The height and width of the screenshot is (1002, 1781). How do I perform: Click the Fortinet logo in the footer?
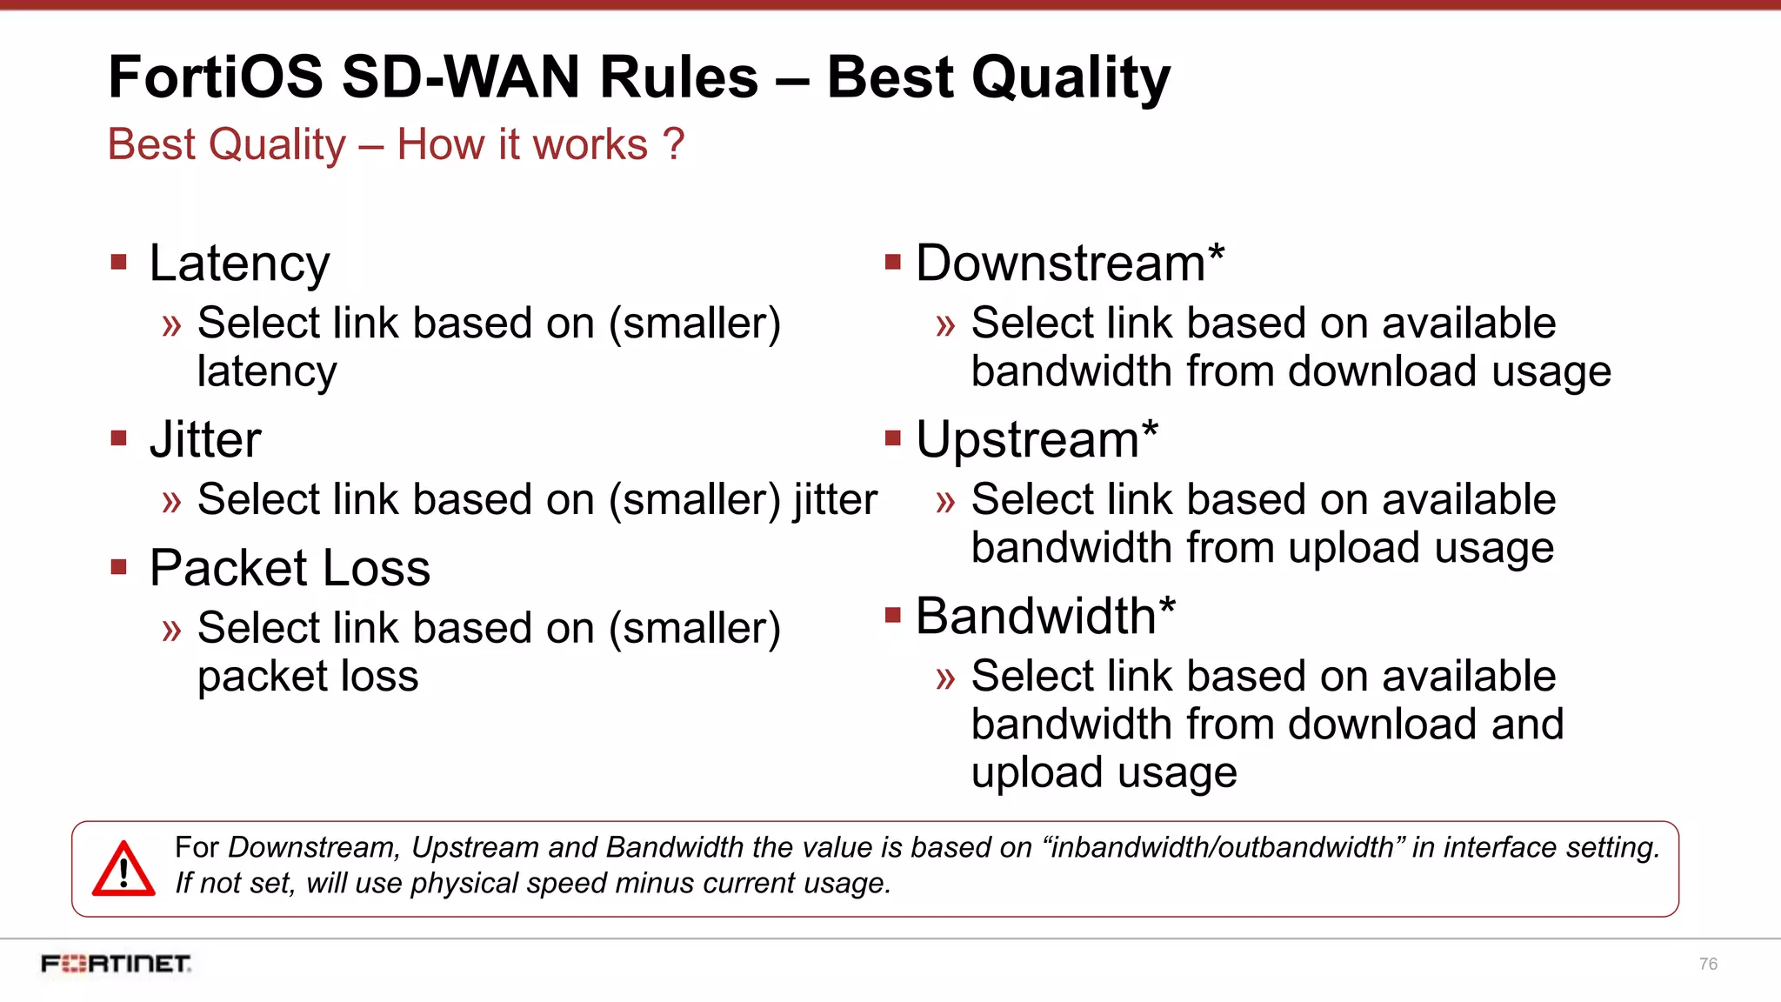(116, 964)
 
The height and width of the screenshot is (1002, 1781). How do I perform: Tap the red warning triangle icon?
(123, 870)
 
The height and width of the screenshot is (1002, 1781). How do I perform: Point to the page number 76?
(1708, 964)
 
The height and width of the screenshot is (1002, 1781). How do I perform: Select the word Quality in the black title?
(1071, 78)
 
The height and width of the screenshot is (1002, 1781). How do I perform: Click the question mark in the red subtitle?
(673, 144)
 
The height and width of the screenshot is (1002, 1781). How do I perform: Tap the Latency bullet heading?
(239, 264)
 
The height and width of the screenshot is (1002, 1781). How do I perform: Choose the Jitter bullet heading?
(205, 440)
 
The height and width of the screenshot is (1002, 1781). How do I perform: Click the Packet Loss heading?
(290, 569)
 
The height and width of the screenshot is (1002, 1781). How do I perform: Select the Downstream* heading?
(1070, 263)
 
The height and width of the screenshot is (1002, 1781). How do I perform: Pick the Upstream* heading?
(1037, 439)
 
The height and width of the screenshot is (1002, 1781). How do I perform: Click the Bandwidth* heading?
(1045, 616)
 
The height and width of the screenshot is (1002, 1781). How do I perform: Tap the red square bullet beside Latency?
(119, 262)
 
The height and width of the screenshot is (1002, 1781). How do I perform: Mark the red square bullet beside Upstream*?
(892, 438)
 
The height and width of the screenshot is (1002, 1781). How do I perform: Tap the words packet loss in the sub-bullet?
(308, 677)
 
